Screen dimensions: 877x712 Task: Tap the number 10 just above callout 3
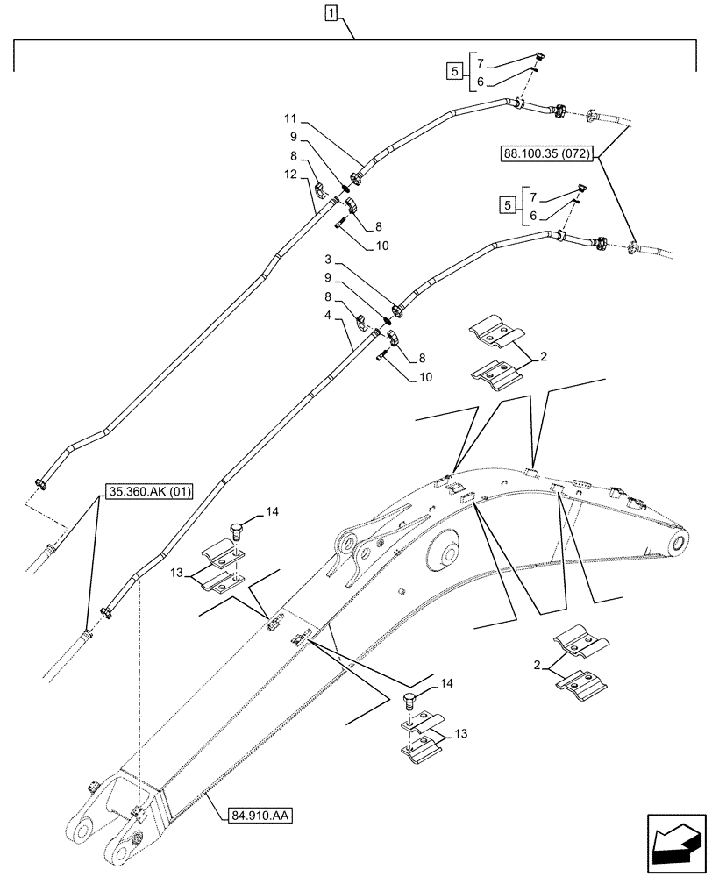tap(382, 246)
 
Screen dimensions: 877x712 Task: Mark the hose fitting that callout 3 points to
tap(397, 309)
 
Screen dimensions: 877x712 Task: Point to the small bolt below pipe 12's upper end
tap(338, 225)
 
